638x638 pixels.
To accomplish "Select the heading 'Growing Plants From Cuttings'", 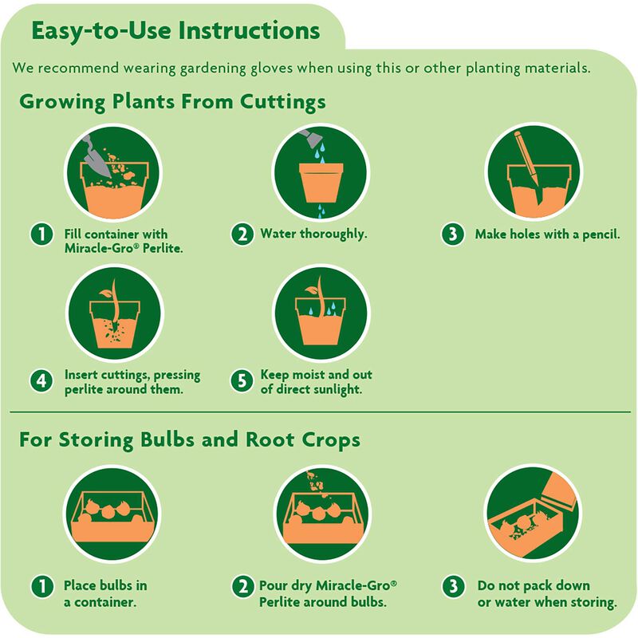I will tap(171, 103).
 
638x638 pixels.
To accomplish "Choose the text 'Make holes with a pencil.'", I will tap(547, 234).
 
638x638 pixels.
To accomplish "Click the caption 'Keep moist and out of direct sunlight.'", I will tap(317, 382).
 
